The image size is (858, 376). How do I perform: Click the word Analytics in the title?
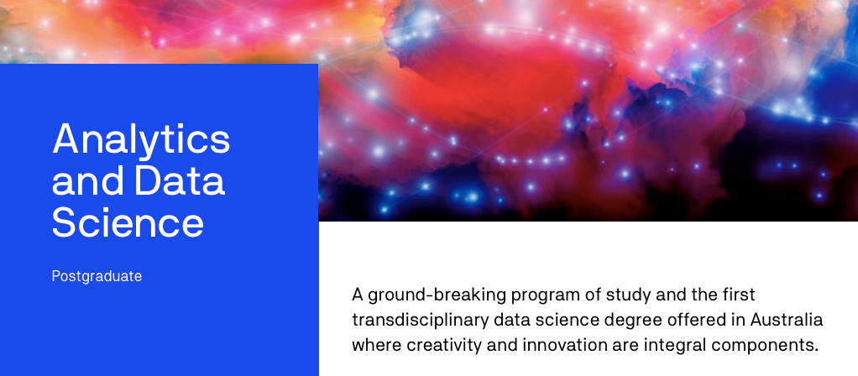point(141,140)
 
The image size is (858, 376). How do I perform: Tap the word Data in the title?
point(180,181)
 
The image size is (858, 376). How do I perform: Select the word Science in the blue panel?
point(128,222)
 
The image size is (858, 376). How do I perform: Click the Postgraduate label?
point(97,276)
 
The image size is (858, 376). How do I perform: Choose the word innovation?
point(564,345)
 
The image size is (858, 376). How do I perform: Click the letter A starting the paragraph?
point(358,295)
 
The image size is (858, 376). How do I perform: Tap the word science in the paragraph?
point(574,320)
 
